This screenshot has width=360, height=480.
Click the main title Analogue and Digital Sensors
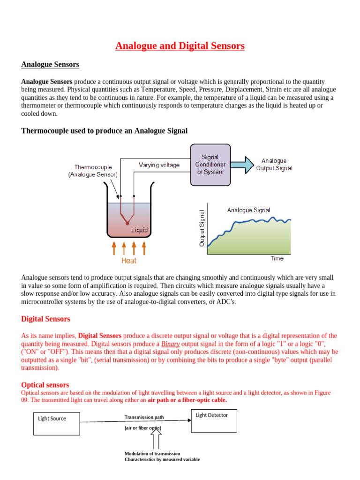click(x=180, y=46)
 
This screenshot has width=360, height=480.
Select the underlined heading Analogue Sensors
click(x=50, y=64)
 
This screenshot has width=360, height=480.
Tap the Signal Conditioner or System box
click(x=210, y=165)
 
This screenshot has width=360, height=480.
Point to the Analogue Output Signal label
click(x=274, y=165)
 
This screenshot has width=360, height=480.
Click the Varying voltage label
click(x=159, y=165)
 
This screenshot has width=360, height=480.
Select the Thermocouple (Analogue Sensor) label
click(x=96, y=171)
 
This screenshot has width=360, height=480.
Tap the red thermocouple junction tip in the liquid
click(x=127, y=223)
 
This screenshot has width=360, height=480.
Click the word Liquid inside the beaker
click(x=139, y=230)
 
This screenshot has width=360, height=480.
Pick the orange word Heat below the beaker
click(x=129, y=261)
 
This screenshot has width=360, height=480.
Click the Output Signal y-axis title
click(x=202, y=228)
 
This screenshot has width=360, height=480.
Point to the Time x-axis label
click(x=277, y=258)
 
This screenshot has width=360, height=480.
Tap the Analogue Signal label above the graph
click(x=248, y=210)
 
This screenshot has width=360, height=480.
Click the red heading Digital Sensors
click(x=46, y=319)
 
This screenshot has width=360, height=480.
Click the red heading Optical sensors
click(x=45, y=385)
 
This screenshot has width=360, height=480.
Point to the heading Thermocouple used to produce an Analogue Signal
click(x=105, y=131)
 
